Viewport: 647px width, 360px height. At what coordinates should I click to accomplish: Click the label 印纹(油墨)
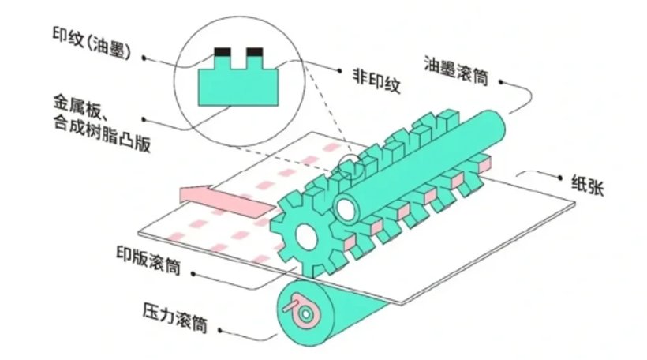[x=92, y=43]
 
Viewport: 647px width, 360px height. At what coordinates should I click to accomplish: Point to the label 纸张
[x=588, y=185]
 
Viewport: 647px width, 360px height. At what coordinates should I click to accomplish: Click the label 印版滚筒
[x=148, y=261]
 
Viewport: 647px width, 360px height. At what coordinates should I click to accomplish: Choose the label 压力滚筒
[x=174, y=317]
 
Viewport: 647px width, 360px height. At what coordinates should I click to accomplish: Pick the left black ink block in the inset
[x=223, y=52]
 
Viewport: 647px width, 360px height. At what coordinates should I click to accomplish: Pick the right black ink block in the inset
[x=255, y=52]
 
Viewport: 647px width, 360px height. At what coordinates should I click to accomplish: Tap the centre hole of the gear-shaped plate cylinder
[x=307, y=238]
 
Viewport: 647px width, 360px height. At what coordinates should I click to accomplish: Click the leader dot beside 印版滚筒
[x=193, y=274]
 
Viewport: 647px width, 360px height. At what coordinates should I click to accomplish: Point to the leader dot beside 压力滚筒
[x=220, y=331]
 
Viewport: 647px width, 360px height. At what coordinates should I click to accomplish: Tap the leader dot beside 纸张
[x=560, y=178]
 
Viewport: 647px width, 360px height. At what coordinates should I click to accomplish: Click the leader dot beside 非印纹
[x=339, y=71]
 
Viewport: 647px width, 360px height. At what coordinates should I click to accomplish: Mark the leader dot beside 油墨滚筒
[x=500, y=82]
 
